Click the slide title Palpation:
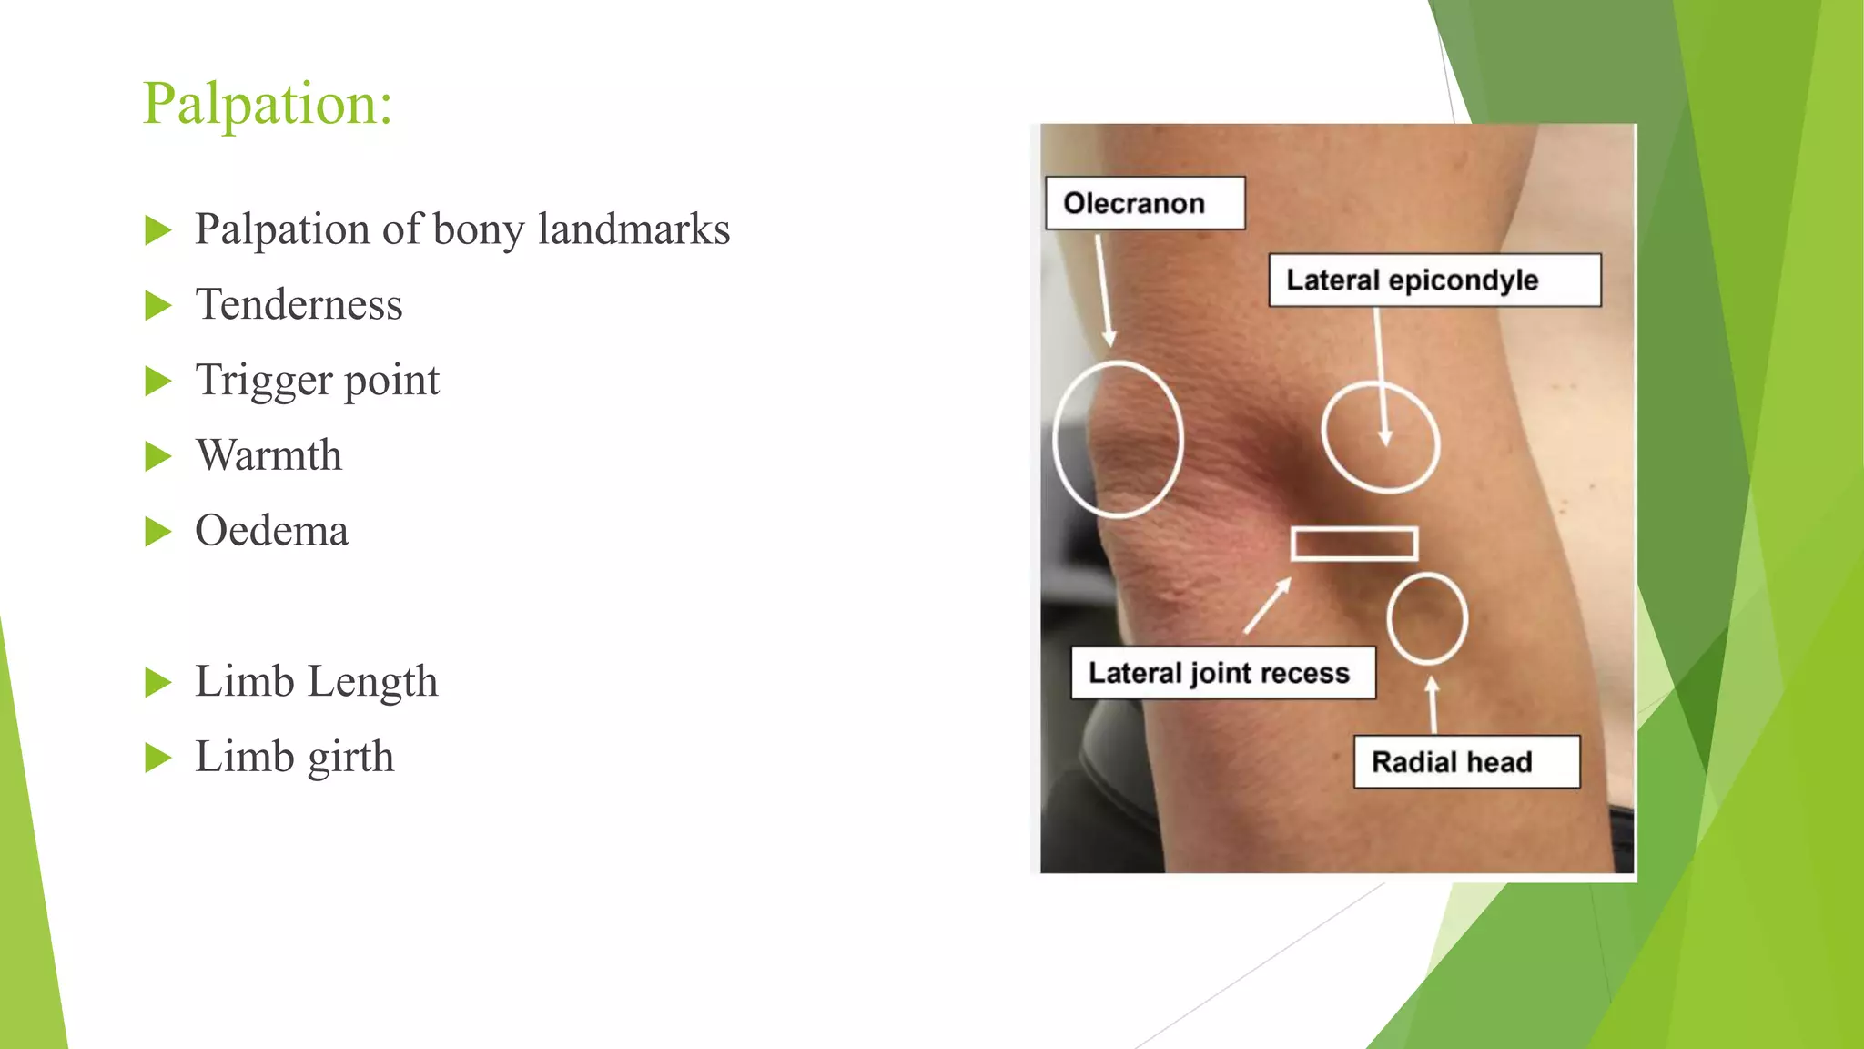click(x=268, y=104)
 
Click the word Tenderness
click(x=299, y=305)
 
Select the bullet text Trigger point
click(x=317, y=381)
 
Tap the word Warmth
click(x=268, y=455)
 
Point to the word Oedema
click(x=271, y=531)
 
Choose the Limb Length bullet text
click(x=316, y=682)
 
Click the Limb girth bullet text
click(x=294, y=758)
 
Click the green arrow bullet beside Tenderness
click(x=157, y=306)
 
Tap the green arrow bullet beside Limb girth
click(x=157, y=758)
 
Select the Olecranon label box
click(x=1144, y=203)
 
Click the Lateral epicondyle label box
click(x=1433, y=280)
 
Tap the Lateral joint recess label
click(x=1221, y=674)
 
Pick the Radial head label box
click(x=1465, y=762)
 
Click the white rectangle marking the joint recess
click(x=1353, y=544)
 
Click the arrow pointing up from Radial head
click(x=1433, y=704)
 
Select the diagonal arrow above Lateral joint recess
click(x=1267, y=606)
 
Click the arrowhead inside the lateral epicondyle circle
click(x=1384, y=437)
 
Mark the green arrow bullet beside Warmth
click(x=157, y=456)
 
